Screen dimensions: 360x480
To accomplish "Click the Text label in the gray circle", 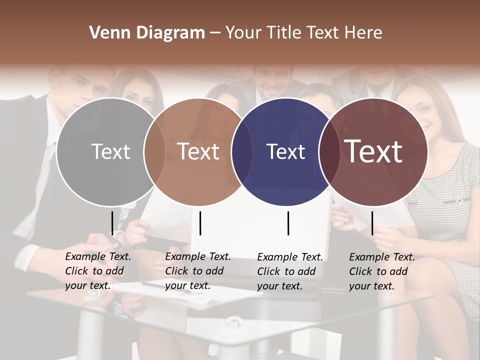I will point(110,151).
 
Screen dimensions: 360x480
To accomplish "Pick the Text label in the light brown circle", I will point(198,151).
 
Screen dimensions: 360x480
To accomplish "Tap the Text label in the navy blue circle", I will point(285,151).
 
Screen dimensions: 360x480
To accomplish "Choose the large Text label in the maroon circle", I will point(373,151).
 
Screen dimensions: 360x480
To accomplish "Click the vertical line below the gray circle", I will point(112,222).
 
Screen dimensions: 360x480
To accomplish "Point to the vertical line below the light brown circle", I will point(200,222).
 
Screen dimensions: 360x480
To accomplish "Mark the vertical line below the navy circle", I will point(288,222).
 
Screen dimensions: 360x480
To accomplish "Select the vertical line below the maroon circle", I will point(372,222).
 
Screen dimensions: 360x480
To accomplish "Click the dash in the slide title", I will point(215,33).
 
